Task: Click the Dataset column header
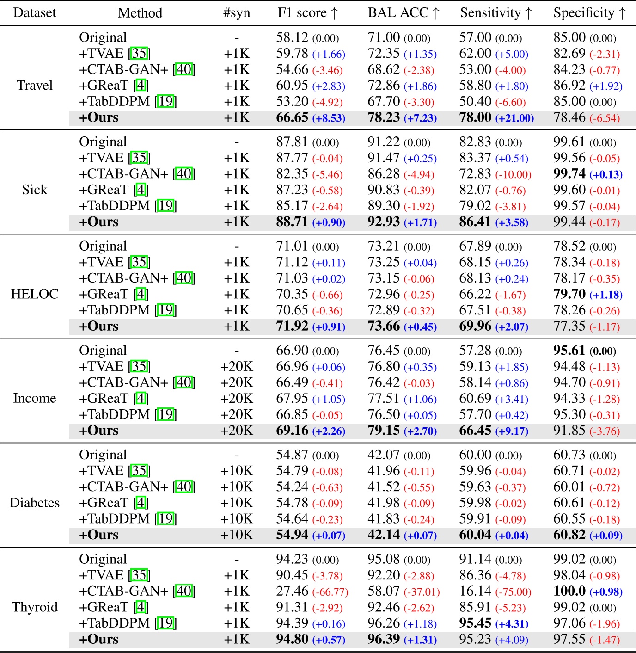pyautogui.click(x=35, y=13)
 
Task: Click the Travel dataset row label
pyautogui.click(x=35, y=86)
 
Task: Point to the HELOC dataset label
pyautogui.click(x=35, y=294)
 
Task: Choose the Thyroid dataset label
pyautogui.click(x=35, y=607)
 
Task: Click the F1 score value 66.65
pyautogui.click(x=292, y=117)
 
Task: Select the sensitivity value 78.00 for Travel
pyautogui.click(x=475, y=117)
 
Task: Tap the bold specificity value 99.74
pyautogui.click(x=569, y=174)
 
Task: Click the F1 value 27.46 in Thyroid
pyautogui.click(x=292, y=591)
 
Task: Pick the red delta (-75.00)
pyautogui.click(x=513, y=592)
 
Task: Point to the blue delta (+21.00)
pyautogui.click(x=514, y=118)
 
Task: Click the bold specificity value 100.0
pyautogui.click(x=569, y=591)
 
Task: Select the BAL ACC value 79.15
pyautogui.click(x=384, y=431)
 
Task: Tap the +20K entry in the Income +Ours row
pyautogui.click(x=237, y=431)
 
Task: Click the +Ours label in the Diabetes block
pyautogui.click(x=99, y=535)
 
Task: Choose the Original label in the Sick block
pyautogui.click(x=103, y=142)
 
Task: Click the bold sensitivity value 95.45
pyautogui.click(x=475, y=623)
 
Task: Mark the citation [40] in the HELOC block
pyautogui.click(x=184, y=278)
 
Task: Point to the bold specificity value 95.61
pyautogui.click(x=569, y=351)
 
